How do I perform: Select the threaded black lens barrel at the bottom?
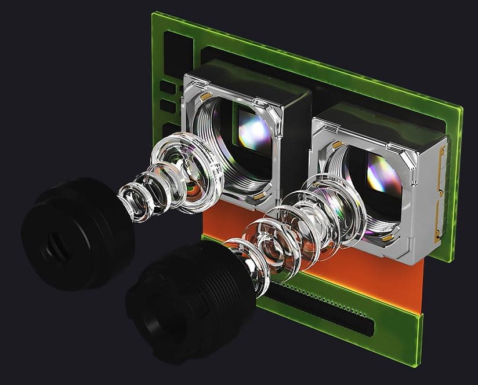[x=186, y=301]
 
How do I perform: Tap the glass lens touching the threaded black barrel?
[x=255, y=272]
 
